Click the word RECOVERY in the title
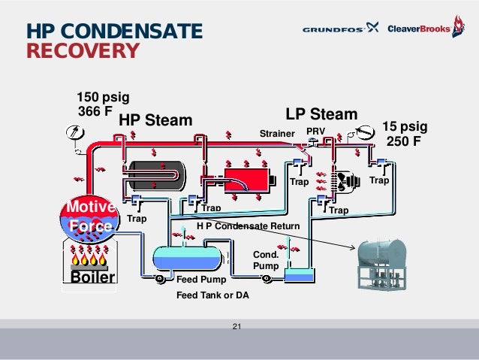(83, 51)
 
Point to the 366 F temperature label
(95, 112)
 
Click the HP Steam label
(155, 120)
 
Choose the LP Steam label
(321, 114)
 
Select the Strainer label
(276, 134)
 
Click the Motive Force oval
(89, 216)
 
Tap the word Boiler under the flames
(92, 277)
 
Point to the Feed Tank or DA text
(212, 295)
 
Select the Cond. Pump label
(266, 260)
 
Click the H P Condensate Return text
(248, 226)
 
